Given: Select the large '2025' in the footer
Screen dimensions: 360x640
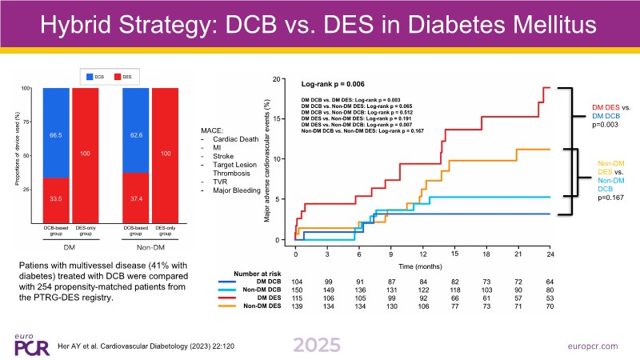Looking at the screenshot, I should (319, 344).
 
